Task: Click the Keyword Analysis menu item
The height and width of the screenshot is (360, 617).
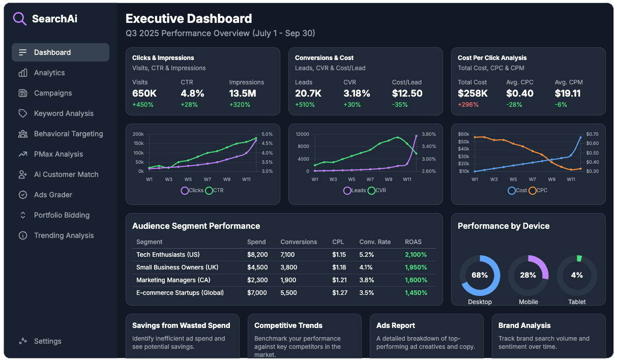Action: pos(64,113)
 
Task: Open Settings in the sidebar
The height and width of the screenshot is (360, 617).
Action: pos(47,341)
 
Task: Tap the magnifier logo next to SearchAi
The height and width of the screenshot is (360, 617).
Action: pos(20,19)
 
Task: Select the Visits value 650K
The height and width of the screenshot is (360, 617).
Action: pos(144,94)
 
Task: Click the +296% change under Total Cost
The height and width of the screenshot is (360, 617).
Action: pos(467,105)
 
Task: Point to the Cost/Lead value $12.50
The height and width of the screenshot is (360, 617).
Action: pos(407,94)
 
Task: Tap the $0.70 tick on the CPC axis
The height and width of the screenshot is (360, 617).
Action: pos(592,134)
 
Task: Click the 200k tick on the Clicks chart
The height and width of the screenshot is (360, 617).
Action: pos(138,134)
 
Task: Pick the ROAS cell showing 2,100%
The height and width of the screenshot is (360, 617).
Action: pos(416,255)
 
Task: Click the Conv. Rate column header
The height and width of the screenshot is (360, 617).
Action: pos(375,242)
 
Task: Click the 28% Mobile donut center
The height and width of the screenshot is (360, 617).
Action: pos(528,275)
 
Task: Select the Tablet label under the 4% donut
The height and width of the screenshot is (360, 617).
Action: pos(577,302)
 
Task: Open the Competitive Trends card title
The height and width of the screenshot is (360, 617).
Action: pos(288,325)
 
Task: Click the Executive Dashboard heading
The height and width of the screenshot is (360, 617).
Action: pos(189,19)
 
